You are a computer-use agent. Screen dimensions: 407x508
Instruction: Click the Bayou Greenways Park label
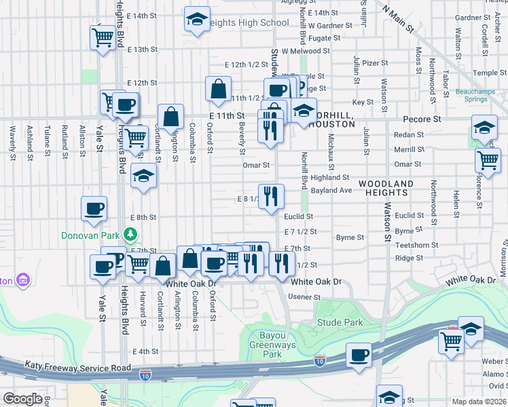272,345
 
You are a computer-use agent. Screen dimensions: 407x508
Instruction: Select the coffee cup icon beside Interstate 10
359,355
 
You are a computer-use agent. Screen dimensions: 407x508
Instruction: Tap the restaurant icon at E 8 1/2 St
270,196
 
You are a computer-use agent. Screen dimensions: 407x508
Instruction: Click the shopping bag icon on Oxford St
218,89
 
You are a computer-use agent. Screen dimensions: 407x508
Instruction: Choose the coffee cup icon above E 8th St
94,208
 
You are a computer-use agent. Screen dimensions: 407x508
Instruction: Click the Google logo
22,399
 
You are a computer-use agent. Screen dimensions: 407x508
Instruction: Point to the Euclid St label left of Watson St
298,216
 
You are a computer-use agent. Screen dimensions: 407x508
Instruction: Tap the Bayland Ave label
331,191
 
